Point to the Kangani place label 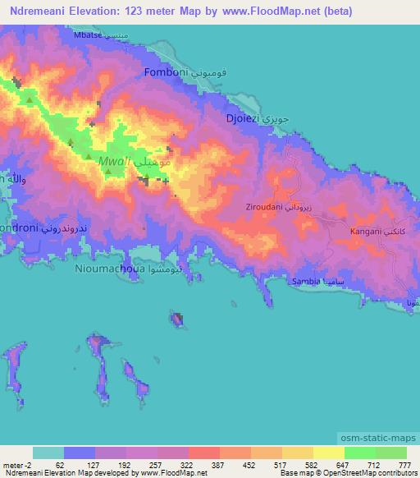tap(365, 232)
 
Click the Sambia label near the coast tap(307, 281)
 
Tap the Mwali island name tap(116, 163)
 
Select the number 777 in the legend tap(404, 464)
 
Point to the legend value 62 tap(60, 464)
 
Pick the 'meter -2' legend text tap(17, 464)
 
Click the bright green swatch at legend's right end tap(390, 453)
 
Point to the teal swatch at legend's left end tap(48, 453)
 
